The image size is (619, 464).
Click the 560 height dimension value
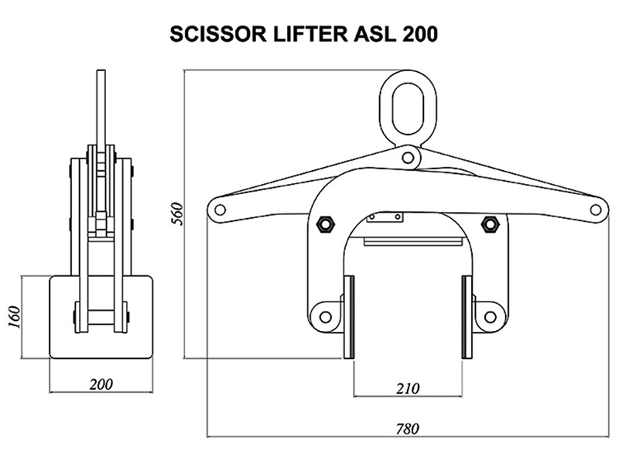click(x=176, y=214)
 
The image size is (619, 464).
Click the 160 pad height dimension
click(x=13, y=316)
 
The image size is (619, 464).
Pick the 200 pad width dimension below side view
click(x=101, y=384)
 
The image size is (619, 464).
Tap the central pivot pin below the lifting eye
click(x=407, y=158)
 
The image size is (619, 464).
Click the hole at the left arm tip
click(x=220, y=209)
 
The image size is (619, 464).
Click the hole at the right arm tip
click(x=595, y=209)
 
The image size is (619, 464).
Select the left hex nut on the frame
click(x=326, y=224)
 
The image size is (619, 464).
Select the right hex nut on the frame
click(x=489, y=224)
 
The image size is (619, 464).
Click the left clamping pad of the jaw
click(x=348, y=317)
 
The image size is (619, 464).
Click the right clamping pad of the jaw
click(x=467, y=317)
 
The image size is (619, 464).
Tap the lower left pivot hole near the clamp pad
click(x=325, y=316)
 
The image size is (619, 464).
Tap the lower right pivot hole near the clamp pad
click(x=489, y=316)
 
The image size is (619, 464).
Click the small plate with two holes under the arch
click(x=385, y=218)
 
